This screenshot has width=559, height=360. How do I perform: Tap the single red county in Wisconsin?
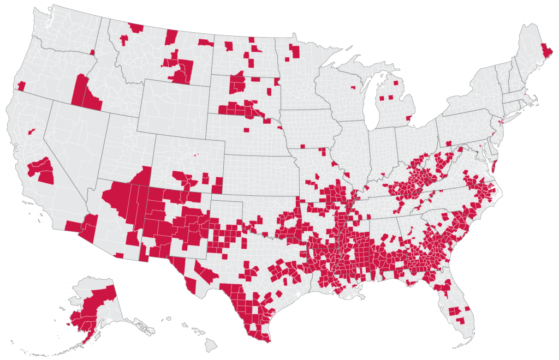point(353,87)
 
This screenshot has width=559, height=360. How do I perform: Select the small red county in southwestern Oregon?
point(21,86)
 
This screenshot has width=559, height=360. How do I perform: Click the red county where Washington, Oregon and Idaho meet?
point(92,52)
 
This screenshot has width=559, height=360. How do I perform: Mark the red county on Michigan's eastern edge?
point(409,117)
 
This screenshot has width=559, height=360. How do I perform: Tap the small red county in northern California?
point(32,131)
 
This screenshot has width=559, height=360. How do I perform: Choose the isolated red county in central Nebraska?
point(246,130)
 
